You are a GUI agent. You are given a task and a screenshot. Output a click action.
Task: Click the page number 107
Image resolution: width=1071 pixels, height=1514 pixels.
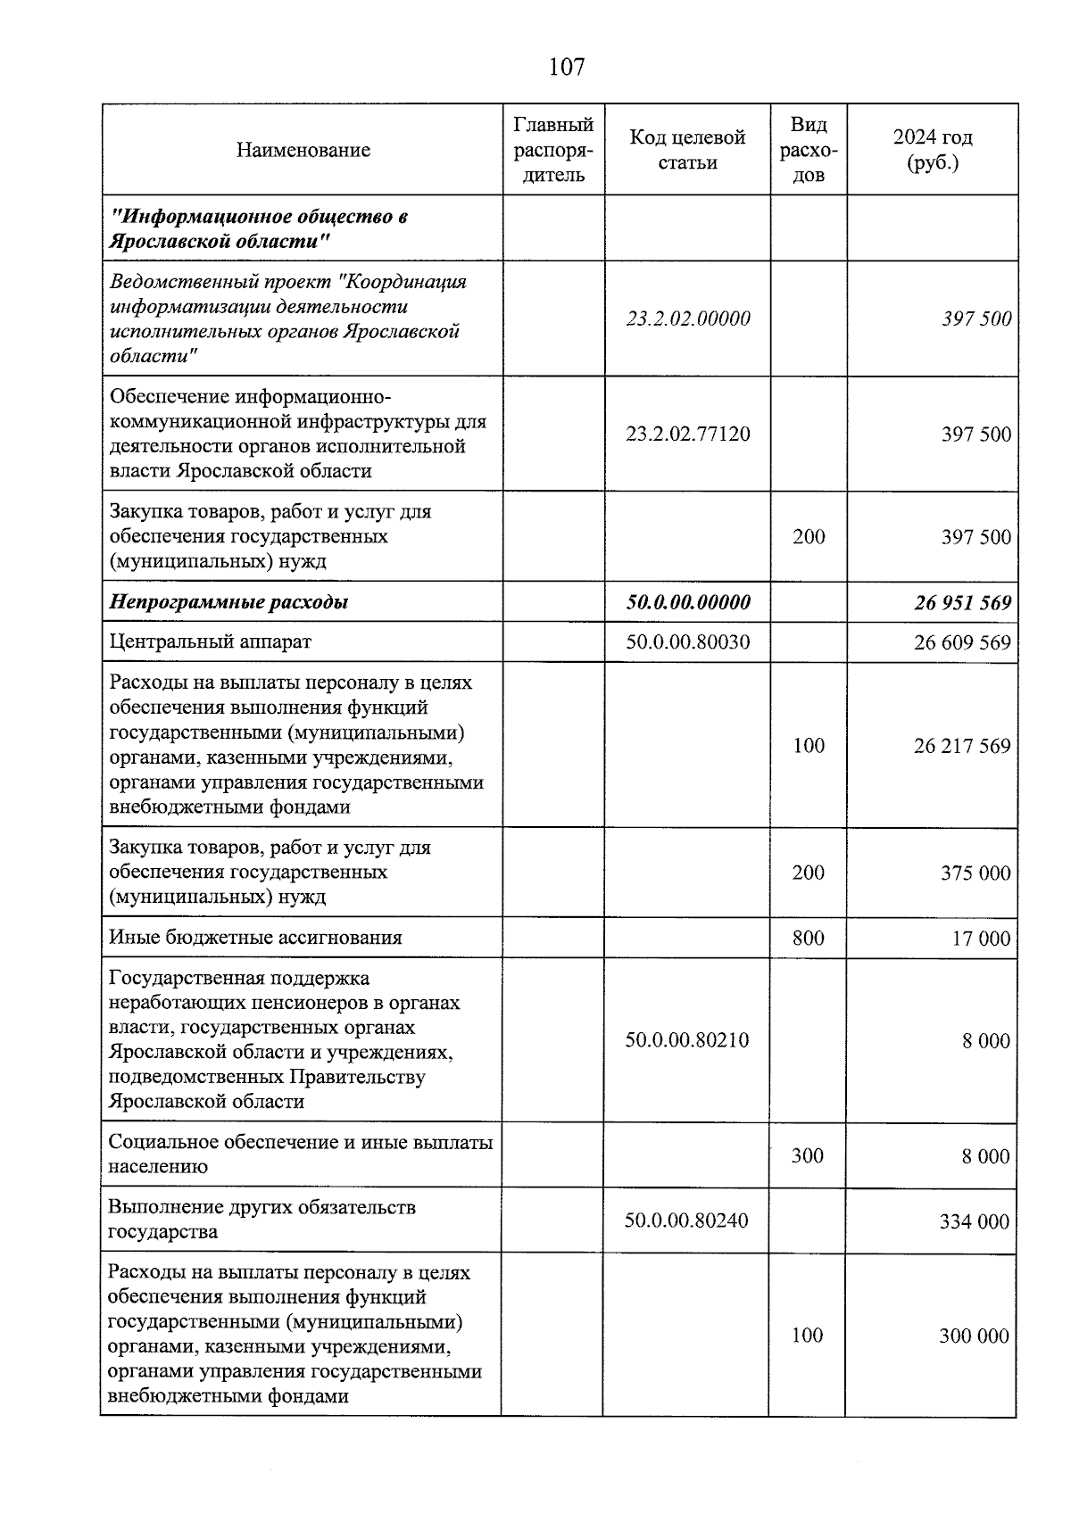click(566, 67)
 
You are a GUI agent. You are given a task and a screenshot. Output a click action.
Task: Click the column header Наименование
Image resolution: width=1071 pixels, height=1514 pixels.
click(303, 150)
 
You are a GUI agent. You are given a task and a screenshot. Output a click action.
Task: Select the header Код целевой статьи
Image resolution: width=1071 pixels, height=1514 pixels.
click(687, 150)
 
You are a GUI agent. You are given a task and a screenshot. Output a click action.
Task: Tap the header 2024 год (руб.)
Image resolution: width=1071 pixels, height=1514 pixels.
click(932, 150)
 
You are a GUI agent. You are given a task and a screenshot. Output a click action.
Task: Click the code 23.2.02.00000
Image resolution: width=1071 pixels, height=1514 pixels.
click(687, 319)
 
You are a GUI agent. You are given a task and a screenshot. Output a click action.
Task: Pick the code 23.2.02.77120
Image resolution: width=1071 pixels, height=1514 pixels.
click(687, 434)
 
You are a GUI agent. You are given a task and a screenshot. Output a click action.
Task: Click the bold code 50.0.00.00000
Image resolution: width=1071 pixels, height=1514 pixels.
click(687, 602)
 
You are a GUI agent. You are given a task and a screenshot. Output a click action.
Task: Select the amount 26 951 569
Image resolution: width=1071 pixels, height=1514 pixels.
click(962, 603)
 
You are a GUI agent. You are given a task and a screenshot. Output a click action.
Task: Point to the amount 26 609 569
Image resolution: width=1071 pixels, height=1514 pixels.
click(962, 642)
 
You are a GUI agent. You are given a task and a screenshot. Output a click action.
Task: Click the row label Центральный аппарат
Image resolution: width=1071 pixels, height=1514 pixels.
click(211, 641)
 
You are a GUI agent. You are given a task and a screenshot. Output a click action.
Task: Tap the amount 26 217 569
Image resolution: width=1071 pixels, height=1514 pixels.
click(962, 746)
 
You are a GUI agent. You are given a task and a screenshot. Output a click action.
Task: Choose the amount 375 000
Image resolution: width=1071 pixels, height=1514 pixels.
click(975, 873)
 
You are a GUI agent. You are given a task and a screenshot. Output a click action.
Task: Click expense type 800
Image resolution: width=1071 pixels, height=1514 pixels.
click(808, 938)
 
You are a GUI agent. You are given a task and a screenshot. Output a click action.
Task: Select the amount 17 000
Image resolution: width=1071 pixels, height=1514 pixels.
click(980, 939)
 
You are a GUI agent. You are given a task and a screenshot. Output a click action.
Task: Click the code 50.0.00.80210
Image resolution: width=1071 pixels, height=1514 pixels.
click(686, 1040)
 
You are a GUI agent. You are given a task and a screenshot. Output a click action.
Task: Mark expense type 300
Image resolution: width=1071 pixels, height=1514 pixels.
click(807, 1155)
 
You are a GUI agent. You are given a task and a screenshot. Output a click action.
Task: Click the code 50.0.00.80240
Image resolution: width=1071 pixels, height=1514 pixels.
click(686, 1220)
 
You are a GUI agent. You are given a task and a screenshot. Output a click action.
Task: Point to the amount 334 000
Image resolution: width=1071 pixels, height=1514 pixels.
click(974, 1221)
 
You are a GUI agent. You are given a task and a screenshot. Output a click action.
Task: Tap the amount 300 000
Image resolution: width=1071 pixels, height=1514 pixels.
click(974, 1336)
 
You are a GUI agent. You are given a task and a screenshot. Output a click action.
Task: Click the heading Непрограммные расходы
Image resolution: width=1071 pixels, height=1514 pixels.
click(228, 602)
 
